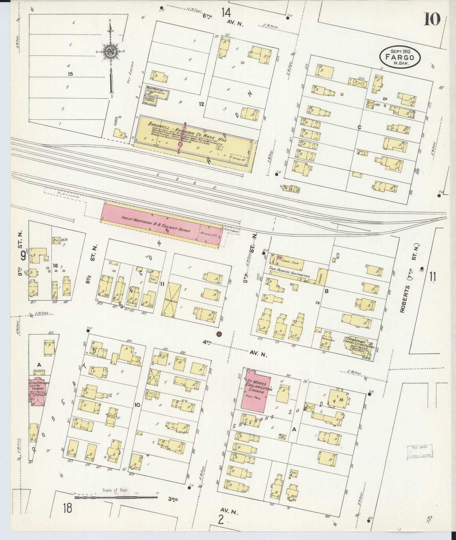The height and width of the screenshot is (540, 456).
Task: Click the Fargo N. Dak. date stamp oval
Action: click(x=400, y=57)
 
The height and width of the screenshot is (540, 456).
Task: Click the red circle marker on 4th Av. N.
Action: click(x=219, y=334)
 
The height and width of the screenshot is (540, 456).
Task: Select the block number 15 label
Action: click(x=70, y=74)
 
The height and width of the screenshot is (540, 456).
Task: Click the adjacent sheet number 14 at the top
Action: click(x=226, y=13)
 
